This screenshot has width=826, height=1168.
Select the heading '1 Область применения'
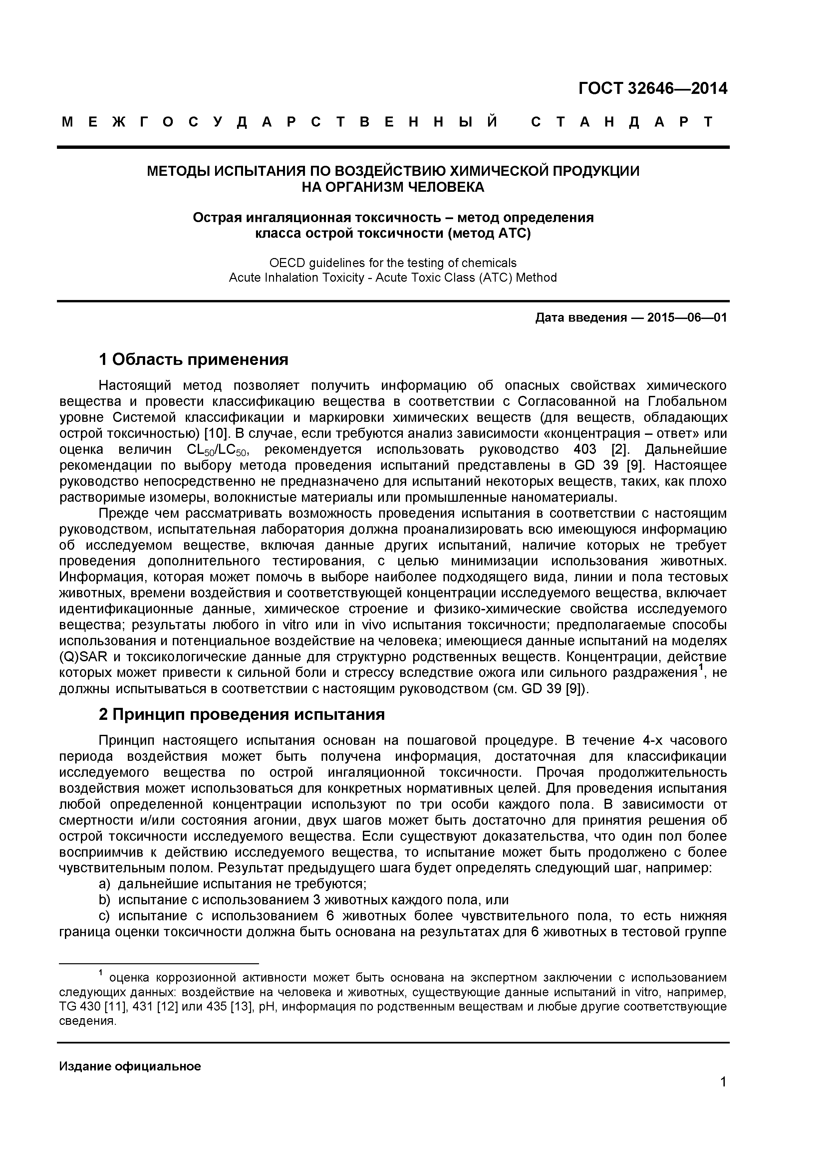click(193, 360)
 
